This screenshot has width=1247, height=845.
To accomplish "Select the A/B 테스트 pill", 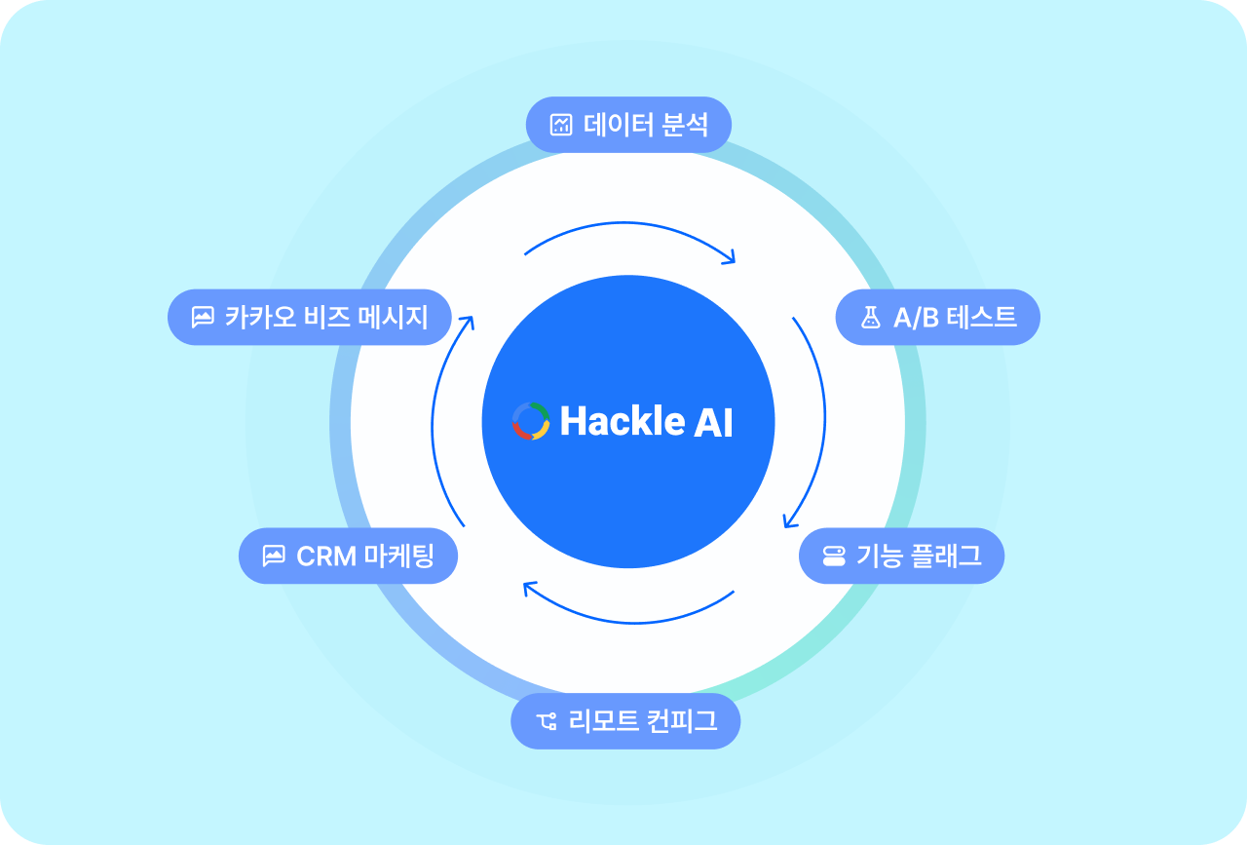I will (937, 317).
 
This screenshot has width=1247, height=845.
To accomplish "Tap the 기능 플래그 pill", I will (901, 556).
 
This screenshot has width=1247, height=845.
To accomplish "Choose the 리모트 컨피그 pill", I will (625, 721).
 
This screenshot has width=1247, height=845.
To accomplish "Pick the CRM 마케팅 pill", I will (348, 556).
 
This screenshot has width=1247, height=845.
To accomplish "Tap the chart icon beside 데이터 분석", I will (561, 125).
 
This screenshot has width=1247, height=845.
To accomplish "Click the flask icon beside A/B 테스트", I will (870, 318).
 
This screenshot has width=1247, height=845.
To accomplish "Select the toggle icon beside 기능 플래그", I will (834, 557).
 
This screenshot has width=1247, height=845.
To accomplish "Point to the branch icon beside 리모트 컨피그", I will (546, 722).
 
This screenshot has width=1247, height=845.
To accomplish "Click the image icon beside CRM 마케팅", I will (274, 557).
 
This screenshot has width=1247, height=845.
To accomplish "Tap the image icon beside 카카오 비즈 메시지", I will (203, 318).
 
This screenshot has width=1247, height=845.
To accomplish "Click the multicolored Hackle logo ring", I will (531, 421).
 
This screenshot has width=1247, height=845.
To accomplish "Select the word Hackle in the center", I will (622, 421).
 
